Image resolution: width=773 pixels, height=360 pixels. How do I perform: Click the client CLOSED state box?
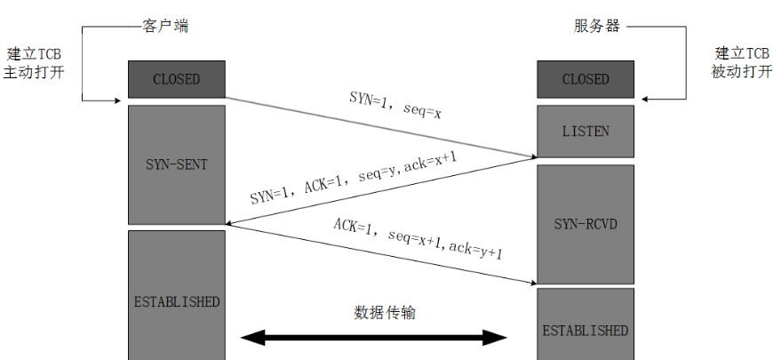pos(176,79)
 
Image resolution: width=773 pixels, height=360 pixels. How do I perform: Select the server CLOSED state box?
pos(586,79)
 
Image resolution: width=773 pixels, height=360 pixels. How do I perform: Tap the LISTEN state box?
pos(586,131)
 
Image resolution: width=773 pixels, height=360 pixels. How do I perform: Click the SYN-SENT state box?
pos(176,164)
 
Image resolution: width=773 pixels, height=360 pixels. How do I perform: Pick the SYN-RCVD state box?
pos(586,223)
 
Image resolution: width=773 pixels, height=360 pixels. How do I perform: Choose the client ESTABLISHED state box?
pos(176,301)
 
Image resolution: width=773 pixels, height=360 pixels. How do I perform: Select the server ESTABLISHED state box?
pos(586,330)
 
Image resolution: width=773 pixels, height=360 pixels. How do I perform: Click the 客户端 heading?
pos(166,26)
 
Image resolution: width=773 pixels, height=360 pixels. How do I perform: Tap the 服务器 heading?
pos(596,26)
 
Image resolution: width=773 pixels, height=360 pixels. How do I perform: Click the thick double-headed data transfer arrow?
pos(373,338)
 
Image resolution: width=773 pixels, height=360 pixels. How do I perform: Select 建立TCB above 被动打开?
pos(741,52)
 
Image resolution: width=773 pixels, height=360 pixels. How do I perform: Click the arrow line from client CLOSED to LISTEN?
pos(382,127)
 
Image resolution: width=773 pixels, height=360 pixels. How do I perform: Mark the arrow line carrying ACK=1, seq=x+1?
pos(382,255)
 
